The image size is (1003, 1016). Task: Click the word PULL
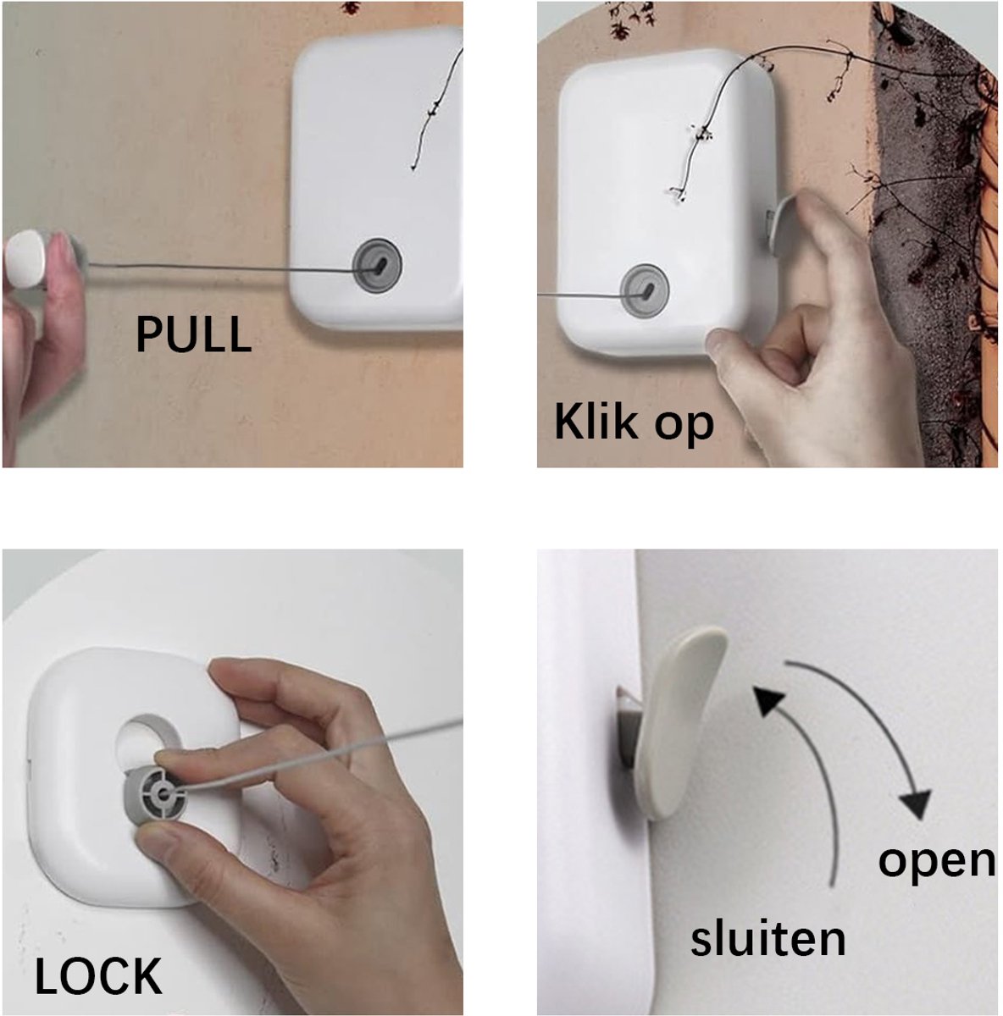(194, 334)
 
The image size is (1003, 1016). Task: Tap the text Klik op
(634, 422)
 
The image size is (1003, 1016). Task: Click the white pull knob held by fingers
(25, 258)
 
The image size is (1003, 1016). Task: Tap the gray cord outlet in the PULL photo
(377, 266)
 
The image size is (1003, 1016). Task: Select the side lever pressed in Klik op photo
(779, 224)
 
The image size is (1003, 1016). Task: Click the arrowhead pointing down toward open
(913, 803)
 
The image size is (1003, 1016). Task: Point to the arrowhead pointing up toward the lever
(767, 701)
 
